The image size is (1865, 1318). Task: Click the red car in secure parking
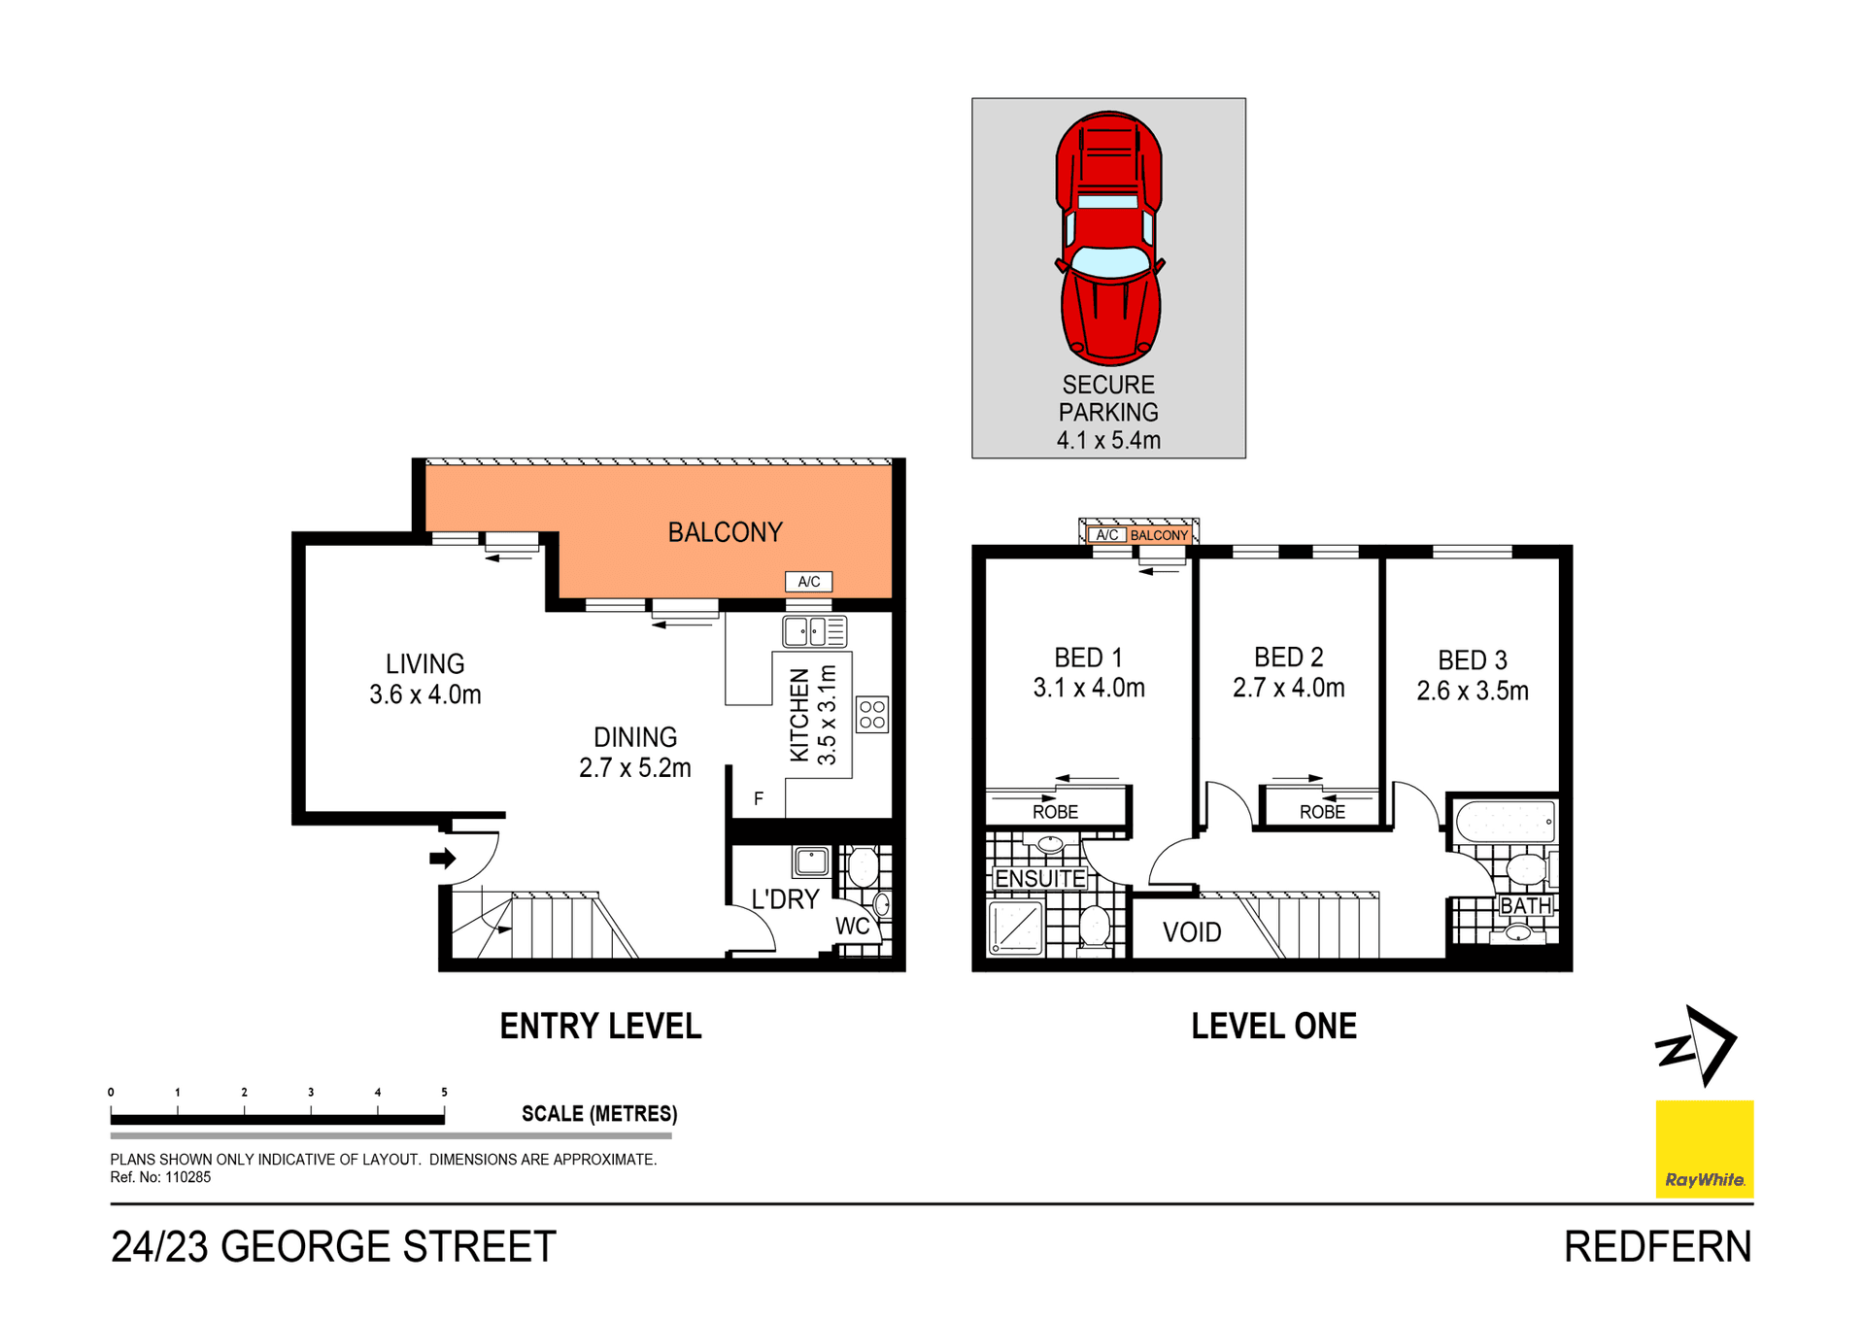point(1109,238)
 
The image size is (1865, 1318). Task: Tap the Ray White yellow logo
point(1704,1148)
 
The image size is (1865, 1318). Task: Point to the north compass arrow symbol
point(1698,1046)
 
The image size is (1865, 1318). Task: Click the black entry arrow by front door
point(443,858)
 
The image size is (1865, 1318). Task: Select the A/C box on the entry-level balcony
point(808,582)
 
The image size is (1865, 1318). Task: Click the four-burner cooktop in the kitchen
point(872,715)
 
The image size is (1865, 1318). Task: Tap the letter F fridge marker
point(759,798)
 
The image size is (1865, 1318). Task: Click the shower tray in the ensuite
point(1016,928)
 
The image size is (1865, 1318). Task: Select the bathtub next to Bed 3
point(1505,822)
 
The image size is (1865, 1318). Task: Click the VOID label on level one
point(1192,932)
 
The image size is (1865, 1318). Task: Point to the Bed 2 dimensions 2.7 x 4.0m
point(1289,689)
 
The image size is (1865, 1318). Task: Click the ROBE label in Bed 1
point(1055,812)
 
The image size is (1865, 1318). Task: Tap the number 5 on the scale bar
point(444,1092)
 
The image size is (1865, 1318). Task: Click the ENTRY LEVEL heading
point(600,1027)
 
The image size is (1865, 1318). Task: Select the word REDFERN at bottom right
point(1657,1247)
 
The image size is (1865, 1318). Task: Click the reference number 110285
point(187,1177)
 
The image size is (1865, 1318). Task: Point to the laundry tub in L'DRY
point(811,861)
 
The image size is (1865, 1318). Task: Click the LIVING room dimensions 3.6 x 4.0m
point(425,694)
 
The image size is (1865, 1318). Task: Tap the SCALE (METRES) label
point(599,1114)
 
